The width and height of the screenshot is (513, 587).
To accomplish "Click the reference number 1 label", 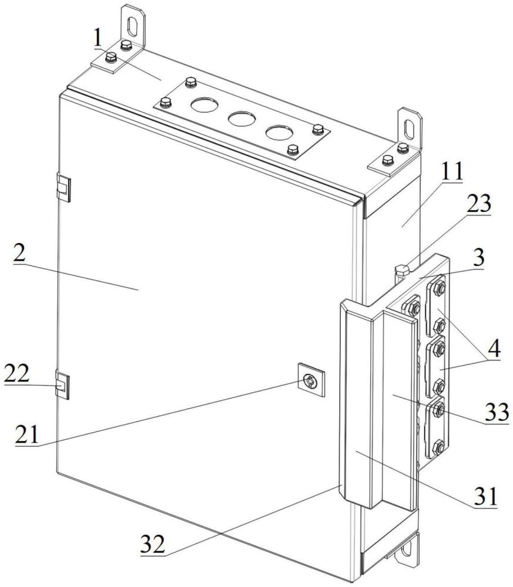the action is coord(98,39).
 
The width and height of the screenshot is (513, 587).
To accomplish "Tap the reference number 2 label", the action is coord(19,255).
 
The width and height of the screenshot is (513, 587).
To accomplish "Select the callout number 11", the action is coord(451,171).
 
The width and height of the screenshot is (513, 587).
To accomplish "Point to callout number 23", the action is coord(478,204).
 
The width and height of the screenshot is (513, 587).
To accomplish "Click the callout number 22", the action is coord(16,373).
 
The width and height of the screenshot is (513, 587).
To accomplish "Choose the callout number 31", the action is coord(485,497).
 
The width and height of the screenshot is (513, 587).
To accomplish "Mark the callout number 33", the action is coord(497,412).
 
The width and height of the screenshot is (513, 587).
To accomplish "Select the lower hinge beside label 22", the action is coord(62,385).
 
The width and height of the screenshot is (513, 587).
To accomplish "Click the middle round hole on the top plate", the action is coord(242,119).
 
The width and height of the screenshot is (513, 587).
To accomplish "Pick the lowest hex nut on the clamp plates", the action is coord(437,447).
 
